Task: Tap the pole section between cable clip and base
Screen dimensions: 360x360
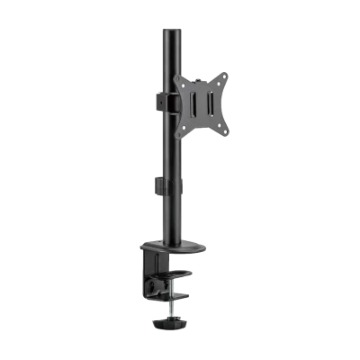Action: (169, 216)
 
